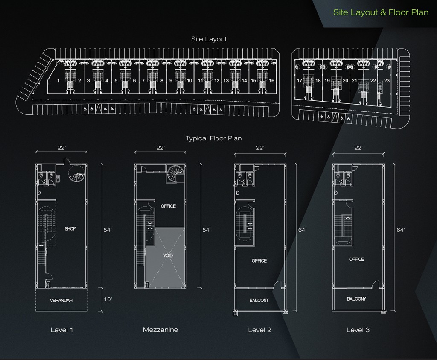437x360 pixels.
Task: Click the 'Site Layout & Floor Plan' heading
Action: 381,12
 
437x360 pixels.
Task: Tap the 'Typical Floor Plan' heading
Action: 213,138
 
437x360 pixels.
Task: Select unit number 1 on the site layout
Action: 58,81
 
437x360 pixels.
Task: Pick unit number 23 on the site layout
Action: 387,81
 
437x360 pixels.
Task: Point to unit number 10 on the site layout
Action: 189,81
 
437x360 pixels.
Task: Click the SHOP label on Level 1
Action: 70,228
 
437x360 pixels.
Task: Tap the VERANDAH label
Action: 61,300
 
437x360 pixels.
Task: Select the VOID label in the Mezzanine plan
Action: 168,255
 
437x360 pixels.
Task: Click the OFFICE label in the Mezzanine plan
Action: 168,206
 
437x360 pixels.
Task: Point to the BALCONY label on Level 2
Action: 259,300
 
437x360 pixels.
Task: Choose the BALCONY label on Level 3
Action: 356,299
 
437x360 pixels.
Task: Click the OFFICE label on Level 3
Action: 356,259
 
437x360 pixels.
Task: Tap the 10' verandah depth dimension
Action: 108,299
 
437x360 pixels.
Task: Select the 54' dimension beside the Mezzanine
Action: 207,230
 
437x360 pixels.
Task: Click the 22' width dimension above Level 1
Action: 61,148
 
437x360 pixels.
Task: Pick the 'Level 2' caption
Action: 259,330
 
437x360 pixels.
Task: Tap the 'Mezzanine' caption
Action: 160,330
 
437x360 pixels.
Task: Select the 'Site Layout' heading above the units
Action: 209,39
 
